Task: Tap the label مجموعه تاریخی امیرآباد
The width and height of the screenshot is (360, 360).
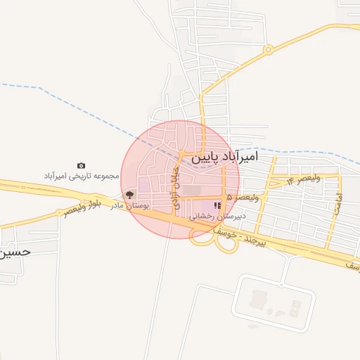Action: pyautogui.click(x=82, y=175)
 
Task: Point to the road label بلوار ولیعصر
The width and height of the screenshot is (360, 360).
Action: pyautogui.click(x=83, y=207)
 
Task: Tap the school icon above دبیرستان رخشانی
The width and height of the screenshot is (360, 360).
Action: pyautogui.click(x=217, y=205)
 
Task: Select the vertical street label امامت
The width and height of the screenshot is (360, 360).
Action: pyautogui.click(x=338, y=203)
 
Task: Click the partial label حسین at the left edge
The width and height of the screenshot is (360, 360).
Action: pyautogui.click(x=15, y=251)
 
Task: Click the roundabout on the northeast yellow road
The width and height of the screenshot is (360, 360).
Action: pyautogui.click(x=267, y=50)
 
